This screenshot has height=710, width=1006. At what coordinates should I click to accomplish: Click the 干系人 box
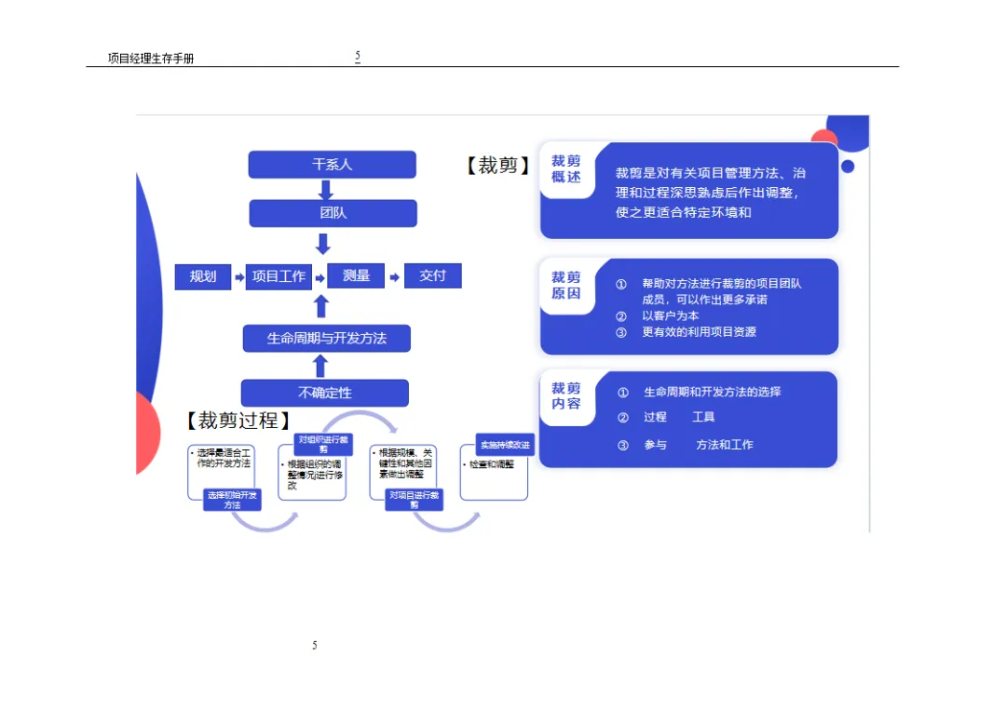point(332,165)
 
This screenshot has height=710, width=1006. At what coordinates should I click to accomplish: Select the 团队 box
point(333,213)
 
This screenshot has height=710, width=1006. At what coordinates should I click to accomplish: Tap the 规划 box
point(203,276)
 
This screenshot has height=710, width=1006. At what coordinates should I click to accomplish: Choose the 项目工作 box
point(279,276)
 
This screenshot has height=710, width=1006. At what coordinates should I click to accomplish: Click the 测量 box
point(356,275)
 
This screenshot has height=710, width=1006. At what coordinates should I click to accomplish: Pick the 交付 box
point(432,275)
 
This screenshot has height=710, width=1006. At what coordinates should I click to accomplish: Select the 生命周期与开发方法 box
point(327,338)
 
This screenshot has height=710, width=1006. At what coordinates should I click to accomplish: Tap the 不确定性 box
point(324,393)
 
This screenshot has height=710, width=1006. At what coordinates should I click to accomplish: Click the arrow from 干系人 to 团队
point(325,189)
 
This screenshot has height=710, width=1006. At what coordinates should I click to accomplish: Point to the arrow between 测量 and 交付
point(394,276)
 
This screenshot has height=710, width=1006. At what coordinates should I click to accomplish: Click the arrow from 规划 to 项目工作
point(239,277)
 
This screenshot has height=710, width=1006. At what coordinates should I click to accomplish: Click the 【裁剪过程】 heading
point(238,421)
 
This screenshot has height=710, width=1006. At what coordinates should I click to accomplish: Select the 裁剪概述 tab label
point(565,168)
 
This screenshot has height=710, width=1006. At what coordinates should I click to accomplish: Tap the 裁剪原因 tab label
point(565,285)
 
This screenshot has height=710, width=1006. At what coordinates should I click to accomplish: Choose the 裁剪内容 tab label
point(565,396)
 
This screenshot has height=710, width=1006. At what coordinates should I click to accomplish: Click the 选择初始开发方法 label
point(232,500)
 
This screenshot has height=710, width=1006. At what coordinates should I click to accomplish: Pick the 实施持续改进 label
point(505,445)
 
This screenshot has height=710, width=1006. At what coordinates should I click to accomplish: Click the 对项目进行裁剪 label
point(414,500)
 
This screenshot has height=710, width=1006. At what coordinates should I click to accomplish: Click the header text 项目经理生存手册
point(151,59)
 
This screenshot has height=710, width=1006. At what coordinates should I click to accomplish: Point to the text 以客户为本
point(670,315)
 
